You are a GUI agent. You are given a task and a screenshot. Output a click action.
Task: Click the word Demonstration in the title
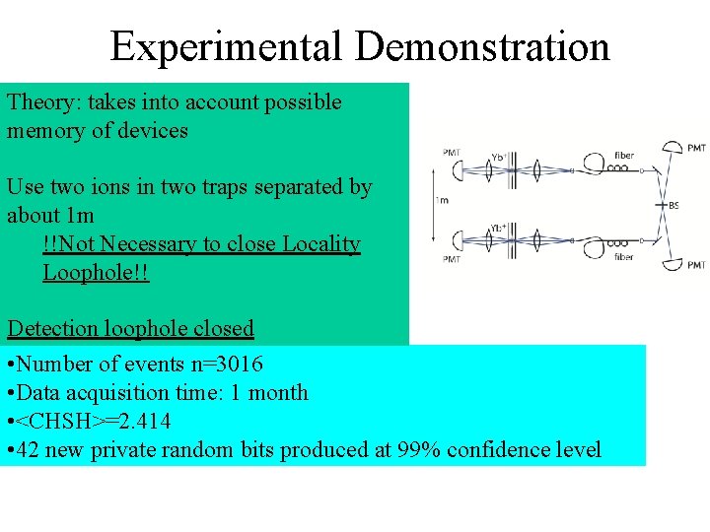[x=483, y=46]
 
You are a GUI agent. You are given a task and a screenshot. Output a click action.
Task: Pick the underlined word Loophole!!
[x=96, y=272]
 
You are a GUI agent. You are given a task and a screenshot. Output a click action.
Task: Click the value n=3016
[x=229, y=365]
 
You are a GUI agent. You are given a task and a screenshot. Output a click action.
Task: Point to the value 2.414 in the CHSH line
[x=139, y=422]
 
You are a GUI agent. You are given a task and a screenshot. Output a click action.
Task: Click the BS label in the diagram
[x=673, y=206]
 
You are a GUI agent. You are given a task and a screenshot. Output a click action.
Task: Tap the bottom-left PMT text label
[x=451, y=259]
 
